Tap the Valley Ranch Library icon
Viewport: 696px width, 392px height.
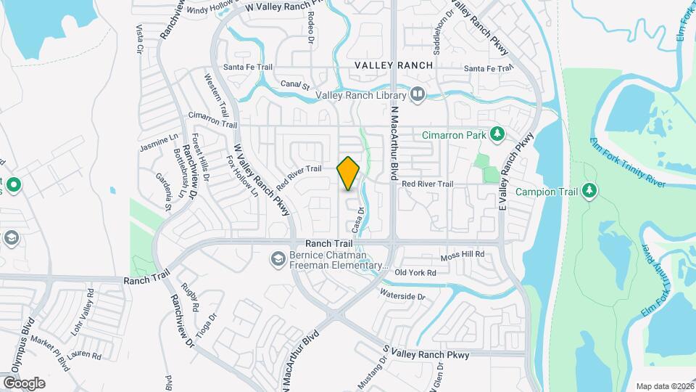coord(418,94)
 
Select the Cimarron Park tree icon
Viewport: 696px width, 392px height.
coord(497,134)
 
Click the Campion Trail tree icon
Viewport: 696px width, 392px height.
coord(591,191)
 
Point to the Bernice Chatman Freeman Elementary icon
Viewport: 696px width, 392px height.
coord(277,258)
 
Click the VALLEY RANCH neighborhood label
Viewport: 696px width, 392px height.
coord(394,65)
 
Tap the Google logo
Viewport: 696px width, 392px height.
coord(24,383)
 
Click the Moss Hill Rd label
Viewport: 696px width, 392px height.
coord(463,256)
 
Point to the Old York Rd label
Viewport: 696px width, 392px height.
coord(416,273)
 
